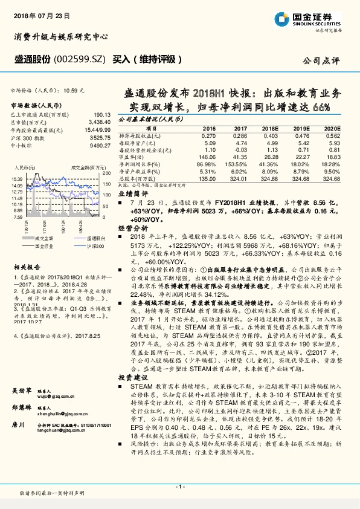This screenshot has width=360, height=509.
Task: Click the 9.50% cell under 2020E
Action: (x=331, y=170)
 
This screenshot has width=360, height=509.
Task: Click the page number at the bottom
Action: (x=179, y=486)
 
